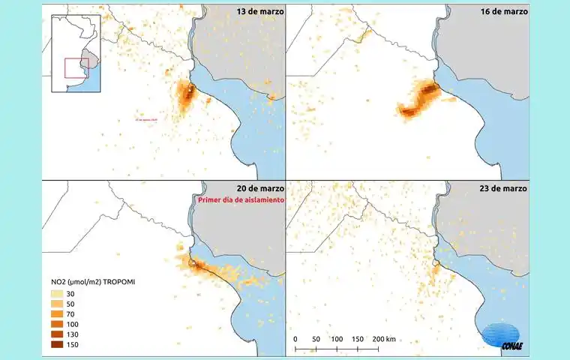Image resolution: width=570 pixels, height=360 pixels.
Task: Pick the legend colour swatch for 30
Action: point(57,293)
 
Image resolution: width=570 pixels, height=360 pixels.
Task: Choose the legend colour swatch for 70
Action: point(57,314)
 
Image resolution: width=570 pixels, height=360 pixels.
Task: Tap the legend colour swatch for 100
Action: point(57,324)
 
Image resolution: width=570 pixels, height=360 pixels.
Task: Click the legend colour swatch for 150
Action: point(57,345)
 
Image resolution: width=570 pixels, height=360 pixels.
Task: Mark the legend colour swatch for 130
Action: point(57,334)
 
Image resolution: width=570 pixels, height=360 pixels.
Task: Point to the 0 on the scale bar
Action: point(295,340)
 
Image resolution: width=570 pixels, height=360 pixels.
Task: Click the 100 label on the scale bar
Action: point(337,340)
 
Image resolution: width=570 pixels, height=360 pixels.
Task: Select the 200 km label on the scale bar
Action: point(384,340)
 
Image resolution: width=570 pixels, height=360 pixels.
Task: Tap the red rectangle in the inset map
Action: point(77,67)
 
